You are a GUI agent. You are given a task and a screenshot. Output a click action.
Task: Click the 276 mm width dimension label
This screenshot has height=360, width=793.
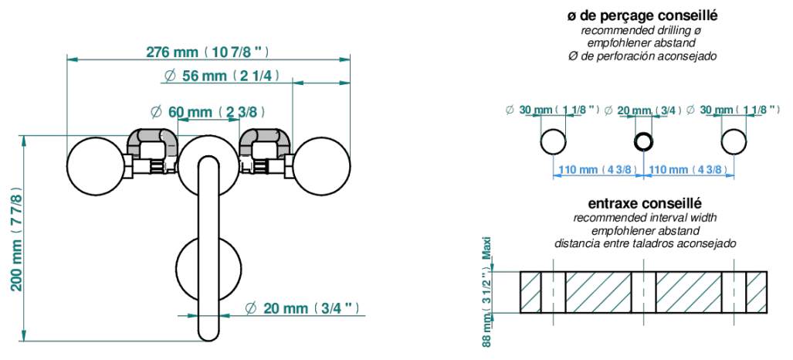(x=207, y=52)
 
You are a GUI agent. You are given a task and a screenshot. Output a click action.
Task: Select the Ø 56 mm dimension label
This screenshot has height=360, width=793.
(x=222, y=76)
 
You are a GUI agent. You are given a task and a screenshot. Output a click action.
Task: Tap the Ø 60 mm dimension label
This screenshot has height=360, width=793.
(x=208, y=112)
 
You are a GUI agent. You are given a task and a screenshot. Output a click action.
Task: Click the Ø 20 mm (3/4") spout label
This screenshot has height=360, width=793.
(x=302, y=307)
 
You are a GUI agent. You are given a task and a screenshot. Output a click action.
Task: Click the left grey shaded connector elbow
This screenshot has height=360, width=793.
(x=151, y=139)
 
